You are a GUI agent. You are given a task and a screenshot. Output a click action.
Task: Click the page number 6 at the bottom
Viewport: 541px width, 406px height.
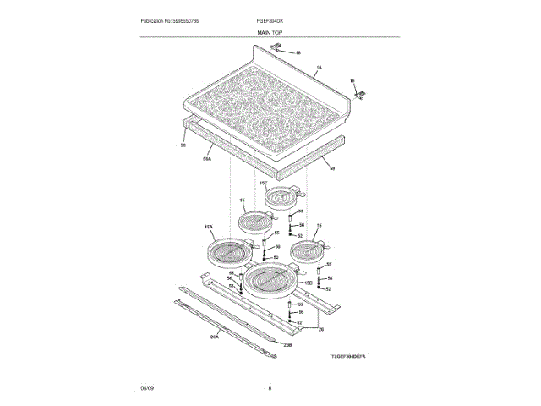(270, 387)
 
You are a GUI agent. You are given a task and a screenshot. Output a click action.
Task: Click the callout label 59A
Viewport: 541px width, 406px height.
(207, 158)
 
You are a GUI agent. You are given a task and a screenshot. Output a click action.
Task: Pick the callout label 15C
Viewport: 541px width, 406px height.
(263, 183)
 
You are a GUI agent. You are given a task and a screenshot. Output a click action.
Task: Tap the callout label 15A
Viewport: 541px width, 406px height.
(208, 228)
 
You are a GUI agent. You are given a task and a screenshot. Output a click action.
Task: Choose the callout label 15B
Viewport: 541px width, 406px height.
(309, 282)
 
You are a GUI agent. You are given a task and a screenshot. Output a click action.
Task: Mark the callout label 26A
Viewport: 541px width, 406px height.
(214, 336)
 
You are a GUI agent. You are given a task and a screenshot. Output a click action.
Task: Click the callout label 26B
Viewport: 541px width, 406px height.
(287, 345)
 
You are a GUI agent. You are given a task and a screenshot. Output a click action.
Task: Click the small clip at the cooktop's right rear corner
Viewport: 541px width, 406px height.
(361, 94)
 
